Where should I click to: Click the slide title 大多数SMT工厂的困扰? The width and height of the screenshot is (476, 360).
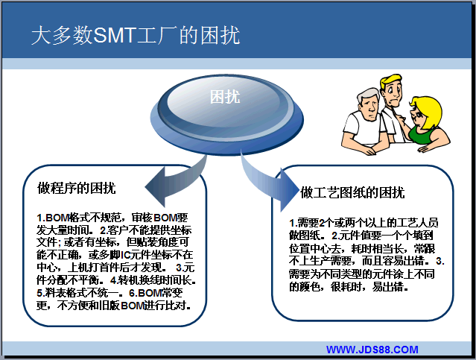click(136, 36)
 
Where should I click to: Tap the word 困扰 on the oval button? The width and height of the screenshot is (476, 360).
click(225, 97)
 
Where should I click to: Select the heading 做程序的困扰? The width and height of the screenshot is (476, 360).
click(77, 188)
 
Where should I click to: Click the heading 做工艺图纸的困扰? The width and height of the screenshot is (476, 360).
click(352, 192)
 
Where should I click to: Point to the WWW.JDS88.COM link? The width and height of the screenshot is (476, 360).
click(372, 350)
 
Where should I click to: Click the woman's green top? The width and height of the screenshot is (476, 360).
click(421, 135)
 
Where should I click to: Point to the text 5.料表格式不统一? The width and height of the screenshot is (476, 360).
click(80, 293)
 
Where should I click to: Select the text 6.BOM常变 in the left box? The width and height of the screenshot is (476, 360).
click(156, 293)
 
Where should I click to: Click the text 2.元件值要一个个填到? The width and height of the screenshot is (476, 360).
click(382, 236)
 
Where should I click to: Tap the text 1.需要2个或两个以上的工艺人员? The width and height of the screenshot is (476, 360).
click(364, 223)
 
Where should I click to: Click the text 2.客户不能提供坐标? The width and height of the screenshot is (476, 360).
click(146, 230)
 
